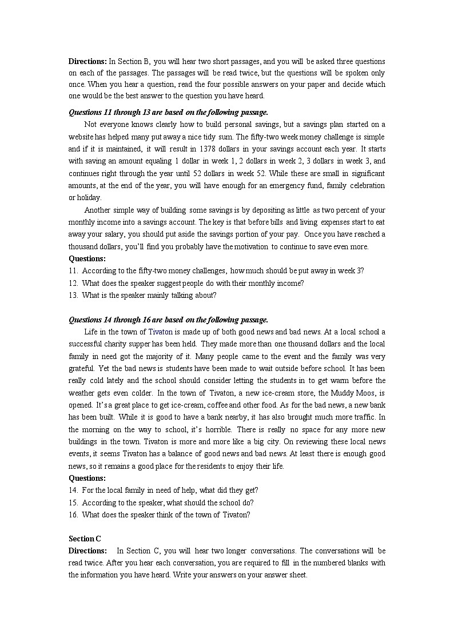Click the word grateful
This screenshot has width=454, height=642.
(x=81, y=369)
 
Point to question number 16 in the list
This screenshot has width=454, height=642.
(x=73, y=515)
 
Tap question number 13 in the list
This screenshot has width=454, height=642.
(x=73, y=296)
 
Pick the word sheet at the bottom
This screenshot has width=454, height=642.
(x=299, y=575)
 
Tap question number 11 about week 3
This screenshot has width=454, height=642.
(x=73, y=271)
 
